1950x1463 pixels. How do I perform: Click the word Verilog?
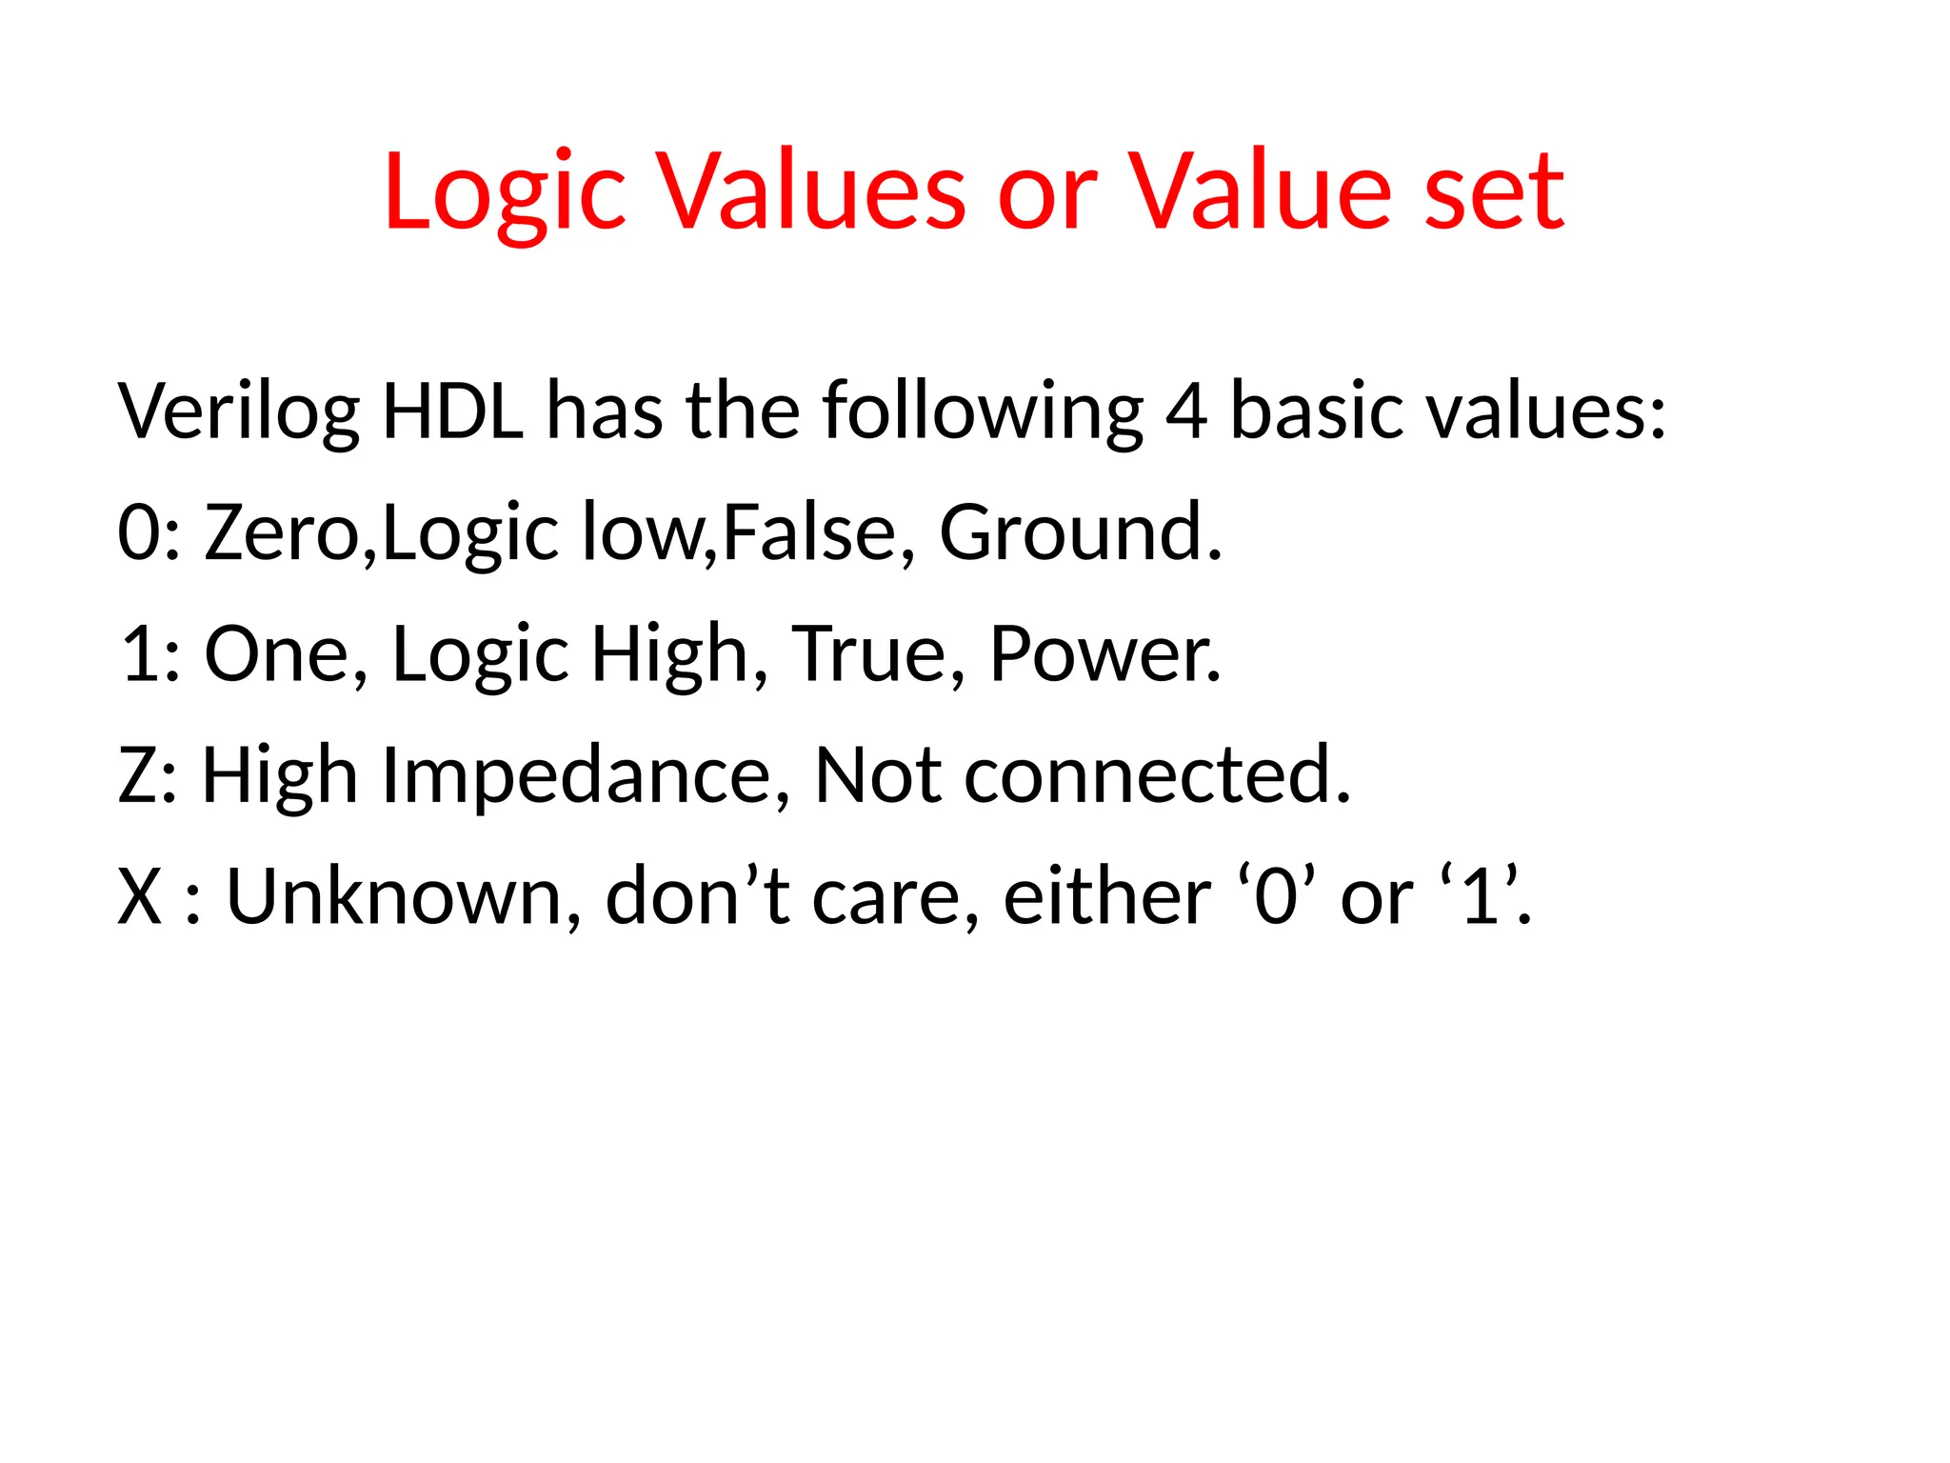(238, 411)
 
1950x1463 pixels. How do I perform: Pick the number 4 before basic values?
(1186, 411)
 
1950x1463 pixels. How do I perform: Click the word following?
(982, 411)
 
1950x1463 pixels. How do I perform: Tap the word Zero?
(283, 532)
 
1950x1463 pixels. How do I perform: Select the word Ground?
(1079, 532)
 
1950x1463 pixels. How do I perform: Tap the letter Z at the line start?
(139, 775)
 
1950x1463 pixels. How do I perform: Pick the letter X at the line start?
(140, 897)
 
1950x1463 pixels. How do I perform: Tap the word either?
(1106, 897)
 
